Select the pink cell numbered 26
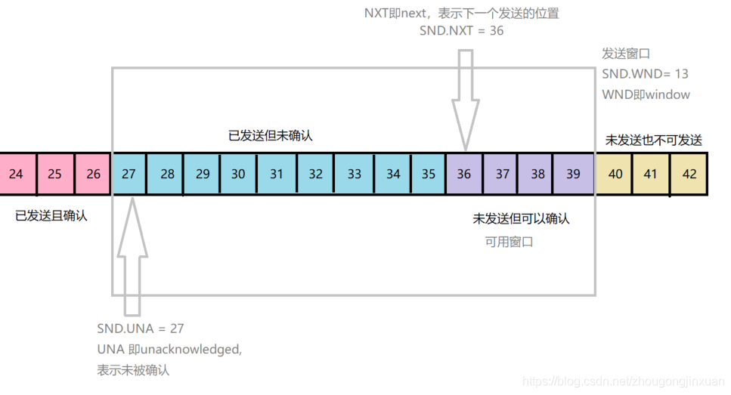[x=93, y=174]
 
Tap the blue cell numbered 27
[x=129, y=174]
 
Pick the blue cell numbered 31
[x=277, y=174]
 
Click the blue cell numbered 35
[x=428, y=174]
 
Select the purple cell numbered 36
[x=463, y=174]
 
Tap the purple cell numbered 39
[x=574, y=174]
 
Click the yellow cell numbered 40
[x=615, y=174]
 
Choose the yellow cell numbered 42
[x=689, y=174]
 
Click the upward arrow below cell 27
[x=132, y=253]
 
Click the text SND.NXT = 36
[x=461, y=31]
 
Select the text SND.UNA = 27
[x=141, y=329]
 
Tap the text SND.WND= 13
[x=645, y=74]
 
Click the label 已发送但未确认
[x=271, y=136]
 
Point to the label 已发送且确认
[x=51, y=216]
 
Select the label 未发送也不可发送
[x=654, y=140]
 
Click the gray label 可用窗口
[x=510, y=242]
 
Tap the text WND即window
[x=646, y=94]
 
